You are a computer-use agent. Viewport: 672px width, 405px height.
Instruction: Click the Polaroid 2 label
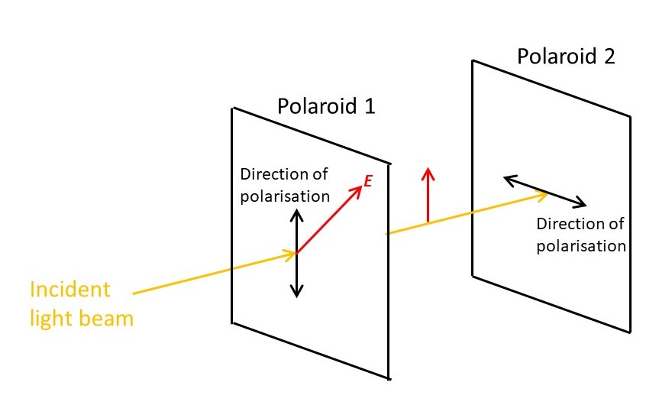point(566,56)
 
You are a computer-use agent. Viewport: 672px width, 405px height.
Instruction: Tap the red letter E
point(367,181)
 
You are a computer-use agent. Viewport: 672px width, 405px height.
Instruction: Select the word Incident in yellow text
point(69,290)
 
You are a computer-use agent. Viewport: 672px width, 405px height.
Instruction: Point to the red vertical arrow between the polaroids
point(428,195)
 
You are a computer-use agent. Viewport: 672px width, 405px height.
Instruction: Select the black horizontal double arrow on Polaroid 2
point(544,191)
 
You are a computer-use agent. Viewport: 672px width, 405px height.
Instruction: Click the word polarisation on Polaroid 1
point(285,196)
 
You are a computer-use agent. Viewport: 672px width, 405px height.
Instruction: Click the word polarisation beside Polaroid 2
point(581,246)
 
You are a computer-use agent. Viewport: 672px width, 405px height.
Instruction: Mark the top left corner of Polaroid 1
point(232,108)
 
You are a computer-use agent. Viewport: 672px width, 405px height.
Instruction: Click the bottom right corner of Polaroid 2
point(632,332)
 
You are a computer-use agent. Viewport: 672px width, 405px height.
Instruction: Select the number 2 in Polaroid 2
point(608,56)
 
